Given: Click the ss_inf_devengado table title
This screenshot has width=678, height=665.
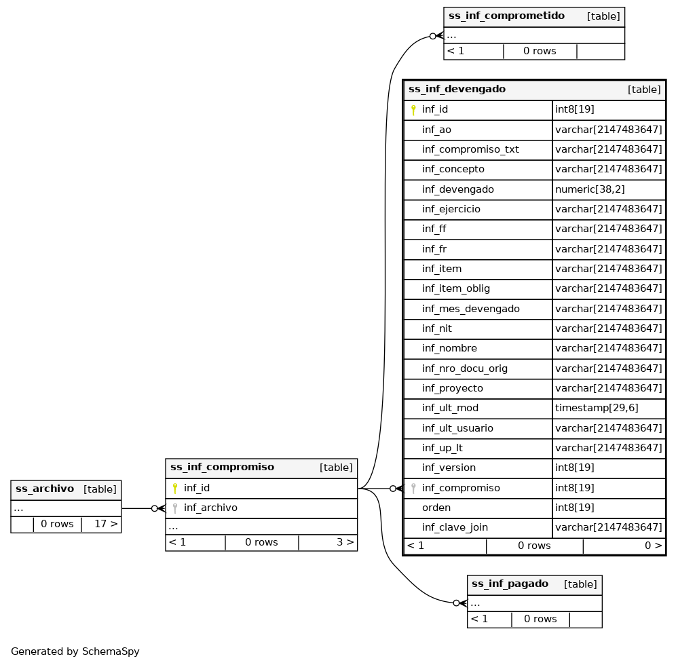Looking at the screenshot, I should (x=457, y=90).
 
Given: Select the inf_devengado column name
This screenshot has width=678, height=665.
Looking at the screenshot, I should (x=457, y=189).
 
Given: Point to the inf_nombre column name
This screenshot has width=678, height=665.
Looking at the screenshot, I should (x=449, y=348).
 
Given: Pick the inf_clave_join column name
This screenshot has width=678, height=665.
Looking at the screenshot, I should (x=455, y=527).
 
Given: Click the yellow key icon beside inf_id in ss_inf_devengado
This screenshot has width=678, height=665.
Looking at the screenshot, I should (x=413, y=110).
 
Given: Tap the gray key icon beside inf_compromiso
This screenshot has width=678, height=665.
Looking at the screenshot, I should (x=413, y=488).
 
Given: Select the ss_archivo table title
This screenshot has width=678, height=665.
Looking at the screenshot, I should (x=45, y=489).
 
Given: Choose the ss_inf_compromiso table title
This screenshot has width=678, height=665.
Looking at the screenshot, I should (x=222, y=467).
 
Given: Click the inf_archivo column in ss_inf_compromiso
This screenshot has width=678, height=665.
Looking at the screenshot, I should (x=210, y=508).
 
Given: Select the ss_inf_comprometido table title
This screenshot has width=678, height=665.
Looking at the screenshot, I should (x=506, y=16).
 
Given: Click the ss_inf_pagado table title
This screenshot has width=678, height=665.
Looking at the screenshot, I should (x=510, y=584).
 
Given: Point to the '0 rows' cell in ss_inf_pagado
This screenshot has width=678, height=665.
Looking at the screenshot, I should (x=540, y=619).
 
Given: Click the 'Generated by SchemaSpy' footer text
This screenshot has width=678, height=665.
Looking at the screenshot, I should (x=75, y=651).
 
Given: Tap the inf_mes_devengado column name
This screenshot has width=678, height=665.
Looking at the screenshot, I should (x=470, y=309).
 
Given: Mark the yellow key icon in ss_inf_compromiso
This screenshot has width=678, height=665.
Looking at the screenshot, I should (x=174, y=488).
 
